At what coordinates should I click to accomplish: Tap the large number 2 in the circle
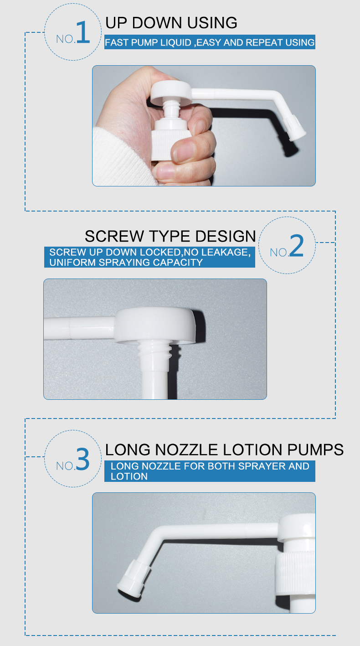click(x=296, y=247)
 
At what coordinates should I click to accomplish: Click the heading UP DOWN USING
click(x=171, y=23)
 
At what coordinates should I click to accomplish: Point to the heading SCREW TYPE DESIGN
click(x=170, y=236)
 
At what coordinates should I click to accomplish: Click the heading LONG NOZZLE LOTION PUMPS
click(x=224, y=450)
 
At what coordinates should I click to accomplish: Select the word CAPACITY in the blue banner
click(x=178, y=263)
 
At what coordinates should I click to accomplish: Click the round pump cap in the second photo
click(x=157, y=326)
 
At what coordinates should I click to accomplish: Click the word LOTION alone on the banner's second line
click(x=129, y=476)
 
